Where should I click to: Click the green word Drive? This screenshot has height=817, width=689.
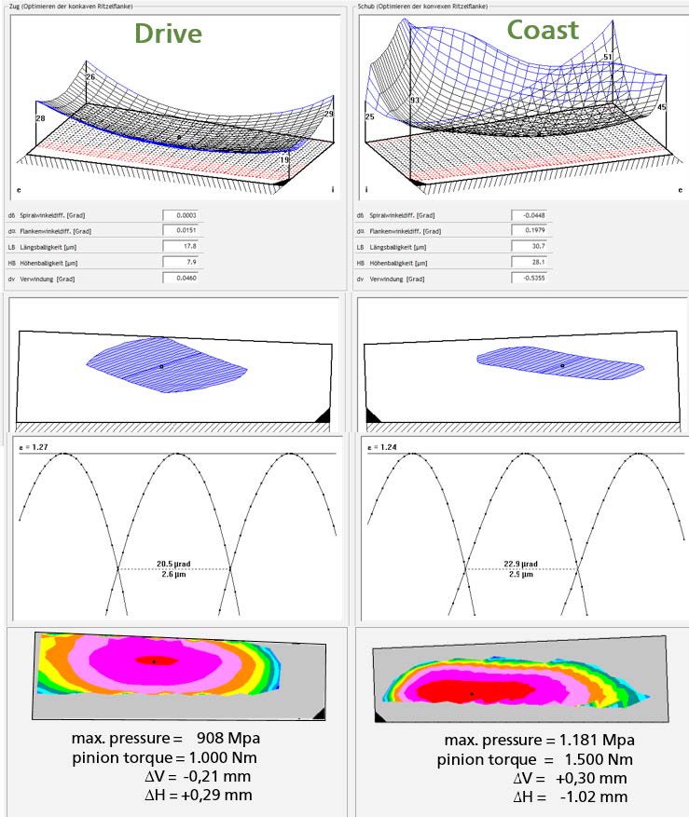[x=168, y=33]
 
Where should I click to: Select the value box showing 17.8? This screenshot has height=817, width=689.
[x=178, y=246]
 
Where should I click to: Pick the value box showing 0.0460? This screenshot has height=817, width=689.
[x=178, y=278]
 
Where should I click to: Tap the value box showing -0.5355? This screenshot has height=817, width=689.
[x=528, y=278]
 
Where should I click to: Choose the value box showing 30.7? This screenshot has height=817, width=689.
[x=528, y=246]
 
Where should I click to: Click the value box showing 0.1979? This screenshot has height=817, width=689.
[x=528, y=230]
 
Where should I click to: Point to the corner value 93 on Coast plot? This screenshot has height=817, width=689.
[x=415, y=100]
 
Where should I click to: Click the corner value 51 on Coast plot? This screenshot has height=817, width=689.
[x=608, y=58]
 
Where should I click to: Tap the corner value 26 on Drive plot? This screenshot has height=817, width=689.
[x=90, y=77]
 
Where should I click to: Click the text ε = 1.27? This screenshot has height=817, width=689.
[x=34, y=448]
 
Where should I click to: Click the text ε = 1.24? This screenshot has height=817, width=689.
[x=383, y=448]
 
